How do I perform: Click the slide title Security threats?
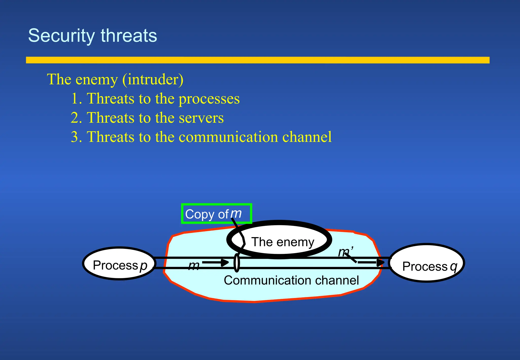pos(92,36)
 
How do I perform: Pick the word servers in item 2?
pos(201,118)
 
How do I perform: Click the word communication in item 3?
pos(228,137)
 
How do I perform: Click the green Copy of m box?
pos(216,214)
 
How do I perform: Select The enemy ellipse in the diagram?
pos(279,239)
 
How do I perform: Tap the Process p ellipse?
pos(119,264)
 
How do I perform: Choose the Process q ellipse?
pos(427,263)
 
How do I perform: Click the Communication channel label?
pos(291,280)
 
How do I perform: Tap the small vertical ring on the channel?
pos(237,263)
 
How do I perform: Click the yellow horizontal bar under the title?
pos(257,60)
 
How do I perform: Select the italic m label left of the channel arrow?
pos(194,266)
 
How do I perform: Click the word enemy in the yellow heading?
pos(97,79)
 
